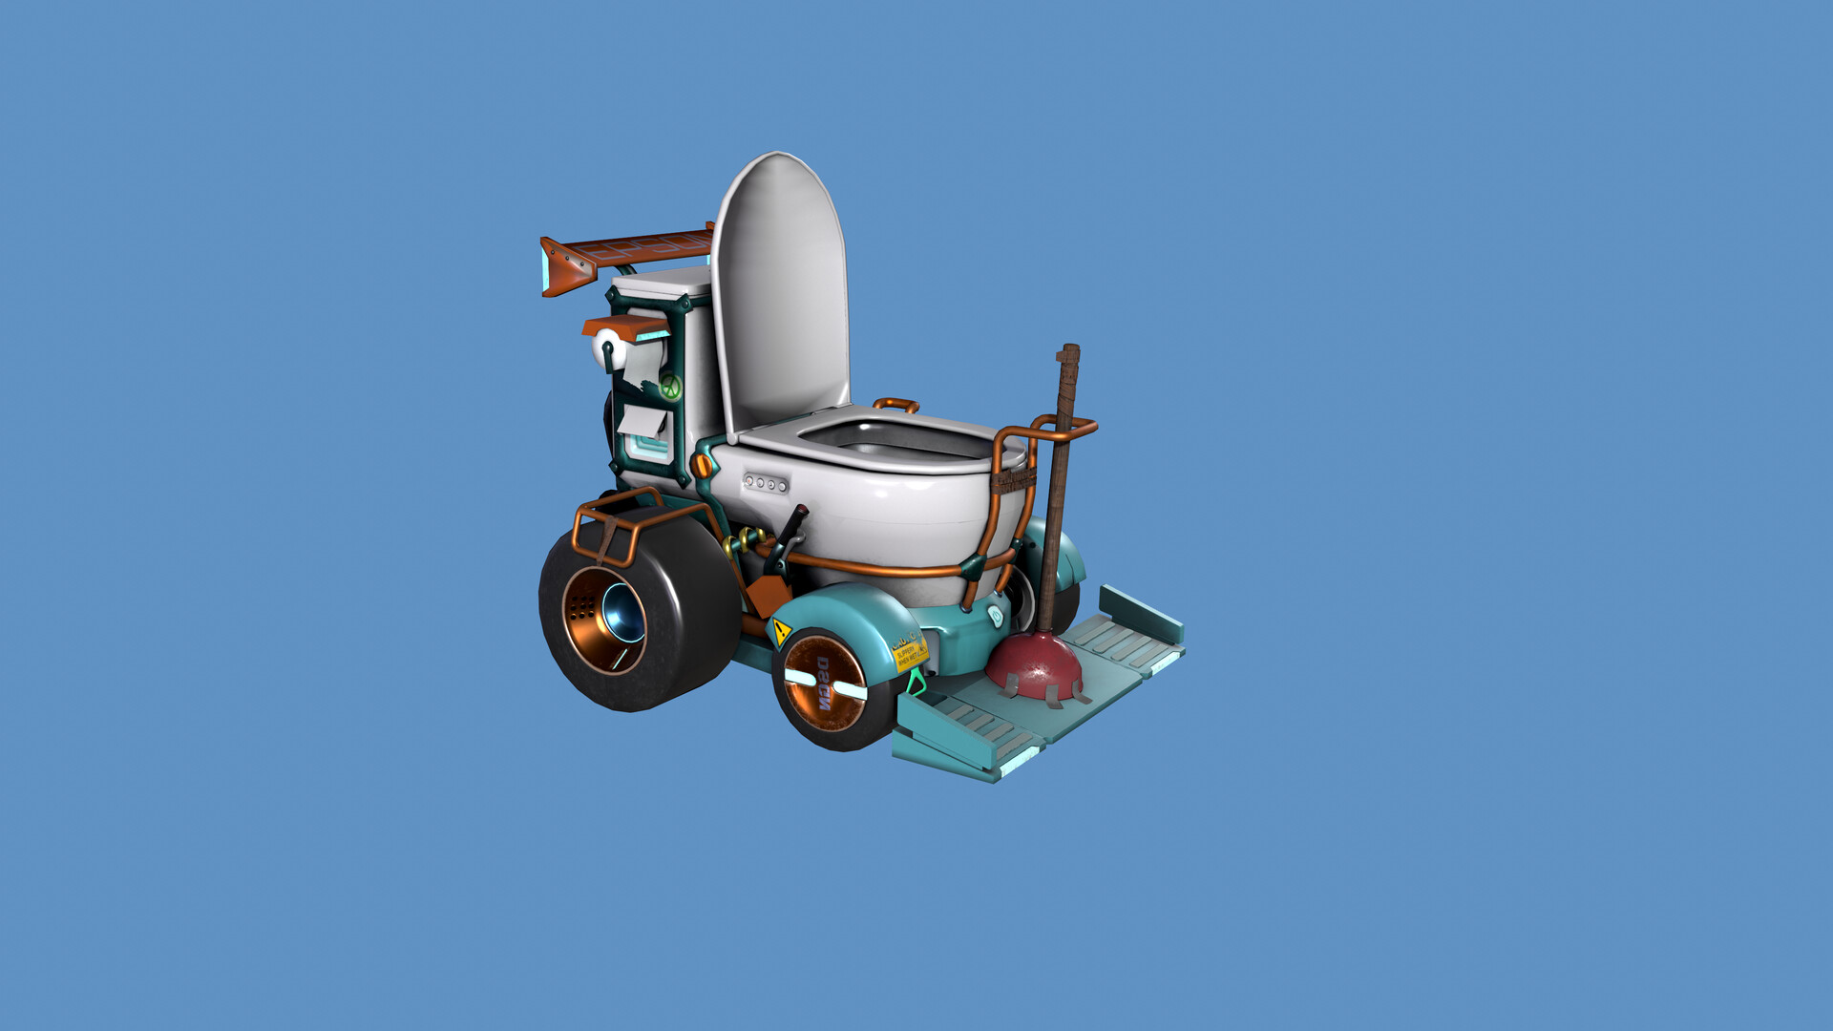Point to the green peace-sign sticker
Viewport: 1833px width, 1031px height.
tap(670, 387)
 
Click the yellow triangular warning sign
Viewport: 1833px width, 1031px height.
tap(781, 631)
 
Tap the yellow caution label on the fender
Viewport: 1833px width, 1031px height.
tap(908, 653)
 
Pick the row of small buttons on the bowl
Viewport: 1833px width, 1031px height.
tap(766, 483)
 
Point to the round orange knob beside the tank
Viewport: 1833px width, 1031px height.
tap(702, 467)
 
